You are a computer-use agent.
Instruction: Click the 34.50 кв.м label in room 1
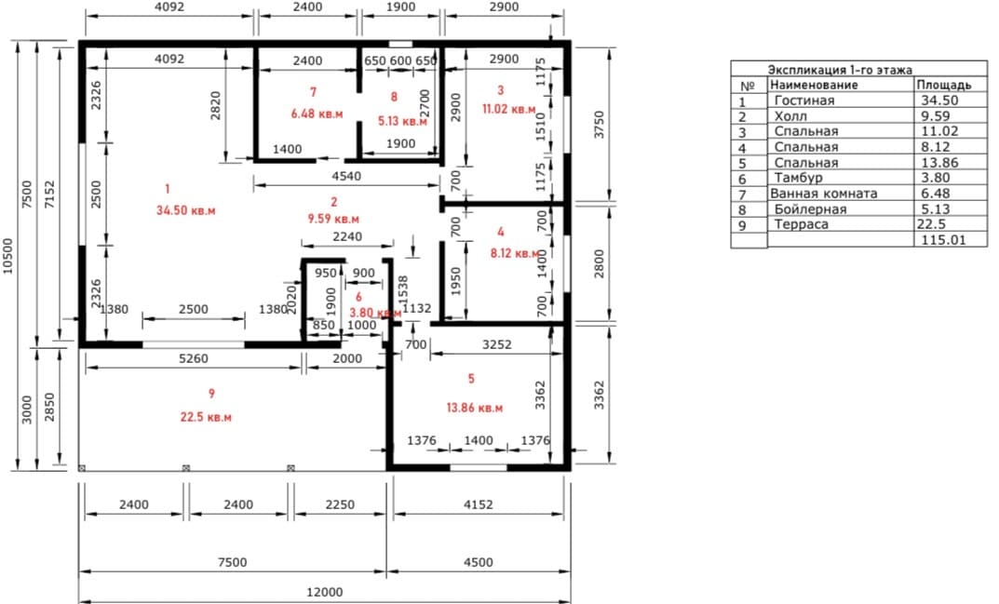186,210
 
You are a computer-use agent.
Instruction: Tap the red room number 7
314,92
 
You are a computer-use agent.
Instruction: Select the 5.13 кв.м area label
402,121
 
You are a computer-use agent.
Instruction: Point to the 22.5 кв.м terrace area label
206,417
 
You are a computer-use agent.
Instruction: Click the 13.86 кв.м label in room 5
475,408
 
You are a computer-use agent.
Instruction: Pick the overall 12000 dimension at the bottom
325,592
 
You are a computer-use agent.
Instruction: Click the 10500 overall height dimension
7,256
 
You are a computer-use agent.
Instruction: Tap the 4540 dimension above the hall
346,176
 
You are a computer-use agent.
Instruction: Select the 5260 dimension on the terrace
193,358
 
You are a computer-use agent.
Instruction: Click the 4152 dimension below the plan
478,504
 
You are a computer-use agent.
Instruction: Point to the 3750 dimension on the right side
599,125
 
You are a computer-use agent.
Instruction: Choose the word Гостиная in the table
804,100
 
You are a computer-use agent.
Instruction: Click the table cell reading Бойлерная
810,209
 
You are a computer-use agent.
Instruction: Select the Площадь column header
944,85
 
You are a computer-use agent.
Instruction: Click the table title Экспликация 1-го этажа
840,70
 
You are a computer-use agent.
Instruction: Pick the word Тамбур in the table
798,178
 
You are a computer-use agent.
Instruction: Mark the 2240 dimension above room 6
347,236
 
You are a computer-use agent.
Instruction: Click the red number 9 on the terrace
211,394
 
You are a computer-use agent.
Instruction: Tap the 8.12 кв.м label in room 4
515,253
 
